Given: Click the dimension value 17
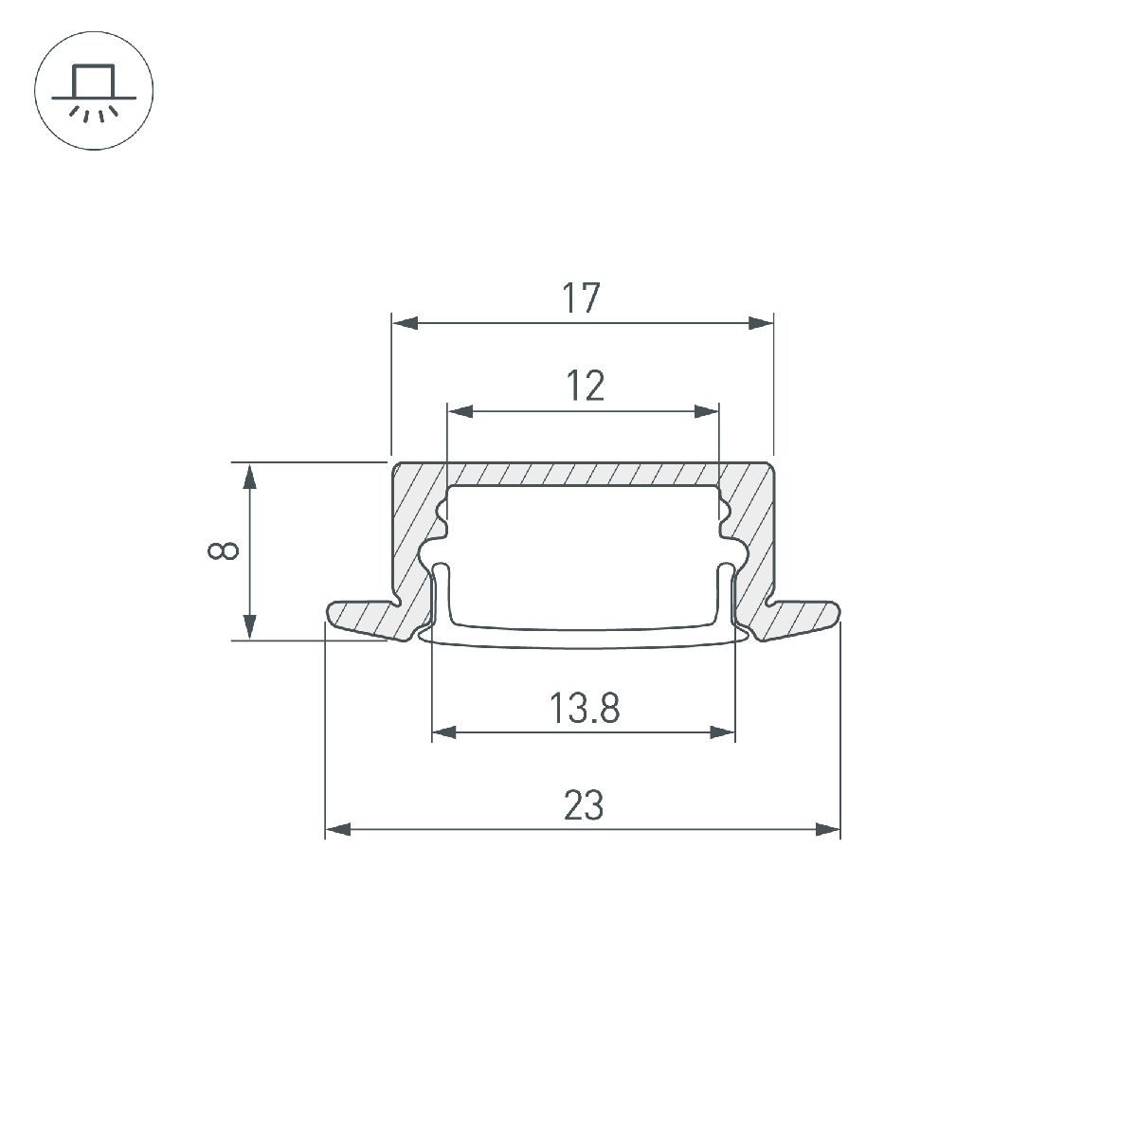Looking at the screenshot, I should point(582,298).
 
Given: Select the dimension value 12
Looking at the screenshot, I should point(585,387).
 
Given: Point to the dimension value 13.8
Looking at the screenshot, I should point(584,708).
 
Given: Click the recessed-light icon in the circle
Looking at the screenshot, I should point(93,93).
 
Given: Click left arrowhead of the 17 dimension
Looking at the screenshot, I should point(404,323).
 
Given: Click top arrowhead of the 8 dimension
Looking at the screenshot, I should point(250,476).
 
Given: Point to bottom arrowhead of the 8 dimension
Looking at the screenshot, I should point(250,626).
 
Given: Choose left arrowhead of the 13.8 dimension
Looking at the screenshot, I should point(444,732).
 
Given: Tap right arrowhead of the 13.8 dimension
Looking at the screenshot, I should point(723,732).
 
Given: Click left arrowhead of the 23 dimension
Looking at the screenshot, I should point(338,830).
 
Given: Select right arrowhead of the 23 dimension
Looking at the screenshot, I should point(828,830).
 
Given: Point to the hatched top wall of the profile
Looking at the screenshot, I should point(583,473).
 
